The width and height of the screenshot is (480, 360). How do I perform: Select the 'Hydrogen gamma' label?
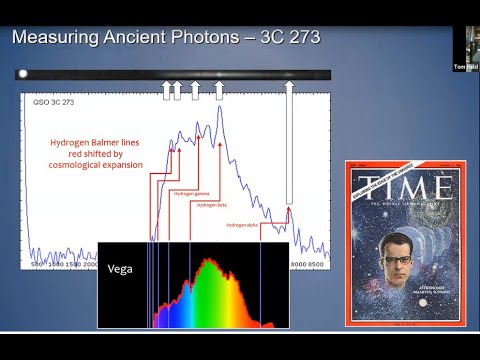[x=190, y=193]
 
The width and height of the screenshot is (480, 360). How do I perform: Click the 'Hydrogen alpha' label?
[x=244, y=225]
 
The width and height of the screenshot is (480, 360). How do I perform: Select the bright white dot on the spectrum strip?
[x=22, y=74]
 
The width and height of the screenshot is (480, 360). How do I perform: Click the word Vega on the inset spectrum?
[x=120, y=268]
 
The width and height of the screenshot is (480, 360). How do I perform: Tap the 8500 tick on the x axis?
[x=317, y=264]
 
